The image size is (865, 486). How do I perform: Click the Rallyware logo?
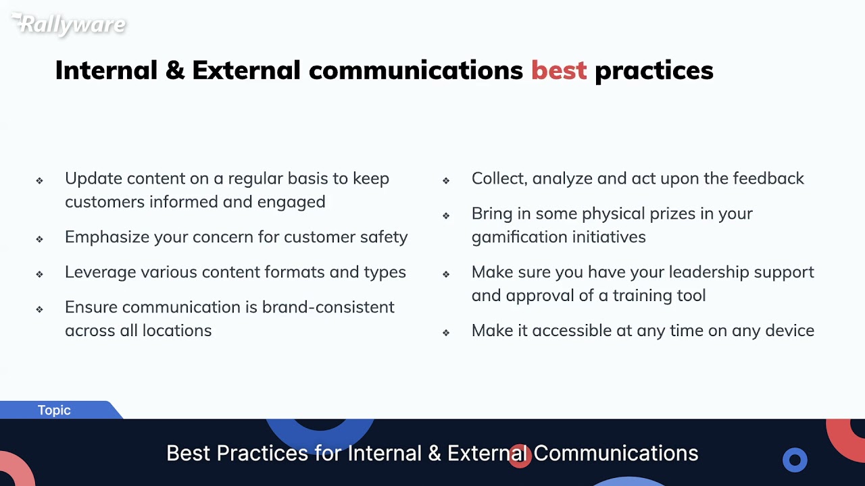69,24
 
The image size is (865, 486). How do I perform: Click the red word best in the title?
559,70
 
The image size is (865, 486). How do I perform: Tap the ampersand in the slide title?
174,70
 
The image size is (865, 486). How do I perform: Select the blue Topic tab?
54,410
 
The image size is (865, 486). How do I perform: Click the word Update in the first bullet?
93,179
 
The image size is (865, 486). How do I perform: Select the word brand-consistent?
328,307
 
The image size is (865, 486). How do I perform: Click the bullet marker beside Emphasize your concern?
40,238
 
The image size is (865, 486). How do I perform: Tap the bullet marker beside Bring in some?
446,215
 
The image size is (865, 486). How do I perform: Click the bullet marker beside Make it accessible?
446,332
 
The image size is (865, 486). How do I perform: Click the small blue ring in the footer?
795,460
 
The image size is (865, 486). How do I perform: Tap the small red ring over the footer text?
519,455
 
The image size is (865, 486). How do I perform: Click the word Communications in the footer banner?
616,453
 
